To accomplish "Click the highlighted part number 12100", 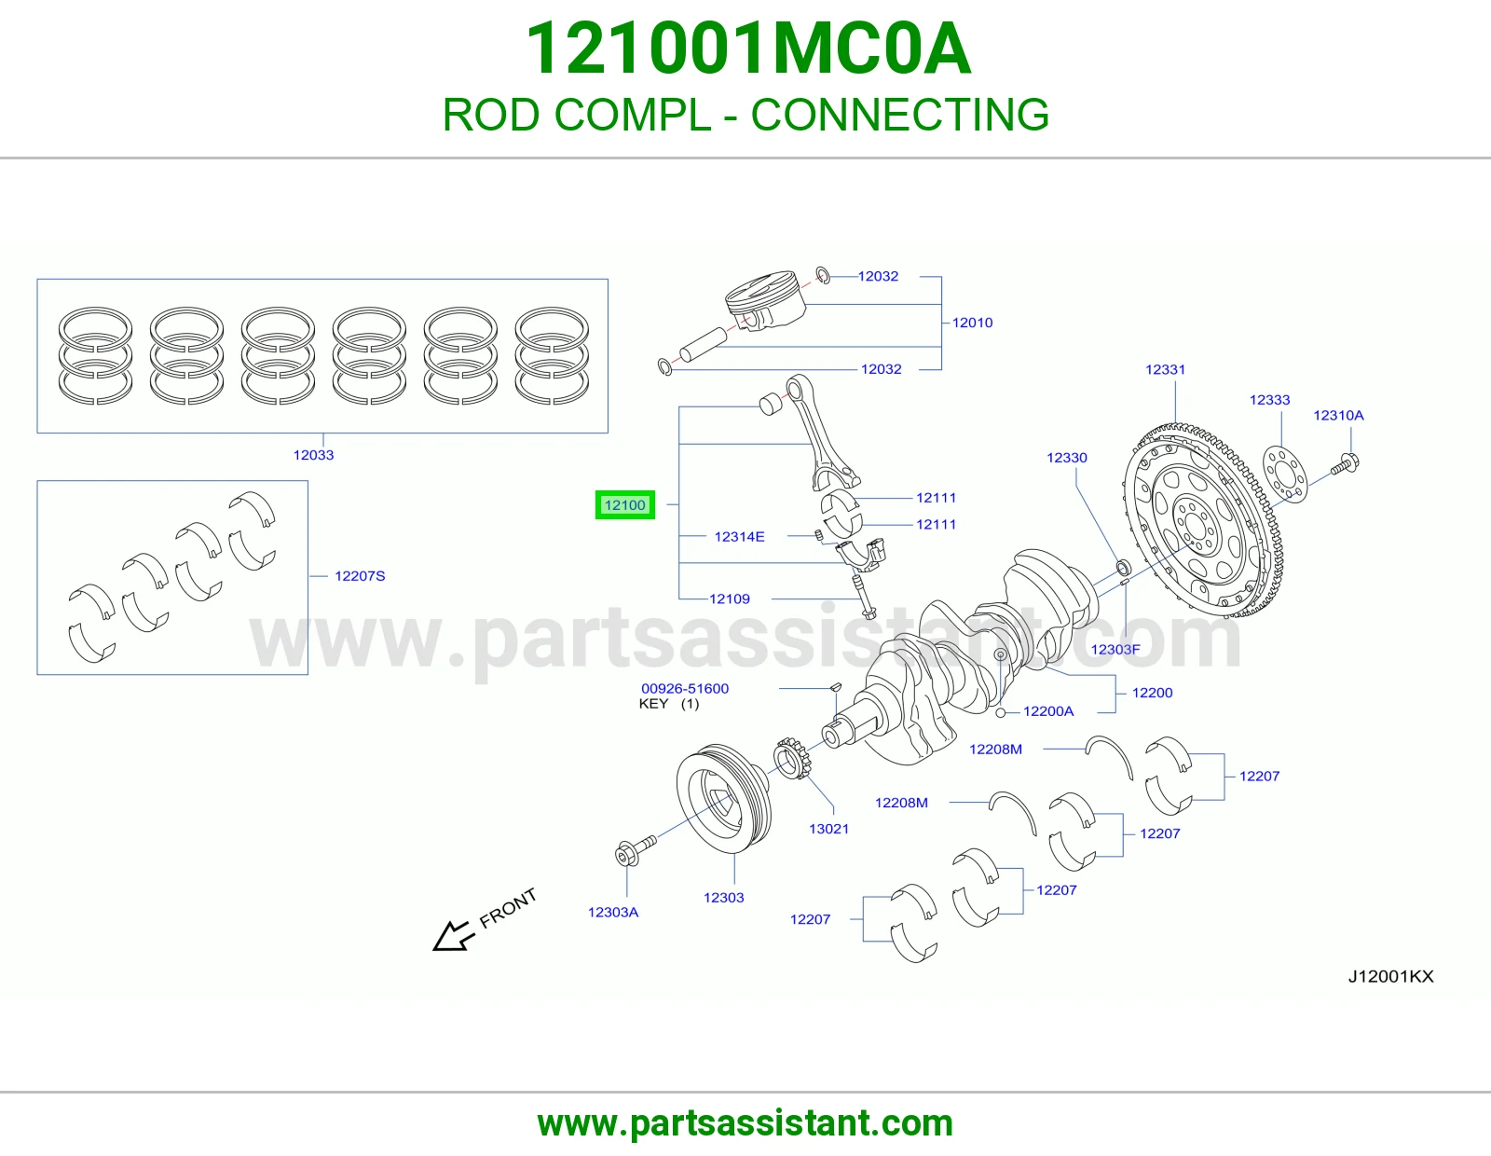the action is coord(624,505).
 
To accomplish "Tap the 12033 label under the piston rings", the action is coord(313,455).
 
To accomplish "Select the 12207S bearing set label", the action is coord(360,576).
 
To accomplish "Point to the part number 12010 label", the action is coord(972,323).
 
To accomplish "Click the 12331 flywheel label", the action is coord(1165,369).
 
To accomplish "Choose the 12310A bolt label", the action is coord(1338,415).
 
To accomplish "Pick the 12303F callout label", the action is coord(1115,650).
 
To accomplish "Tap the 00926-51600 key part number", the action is coord(685,689).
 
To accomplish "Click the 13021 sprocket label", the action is coord(828,829).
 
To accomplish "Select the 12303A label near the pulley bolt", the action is coord(613,913).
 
